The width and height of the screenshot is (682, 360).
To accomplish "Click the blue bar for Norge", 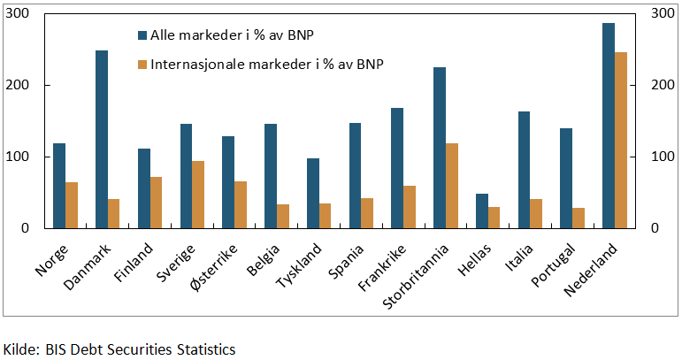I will [x=59, y=185].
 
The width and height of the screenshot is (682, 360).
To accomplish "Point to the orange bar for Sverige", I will [x=199, y=194].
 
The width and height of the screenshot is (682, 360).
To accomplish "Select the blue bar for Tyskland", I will [x=313, y=193].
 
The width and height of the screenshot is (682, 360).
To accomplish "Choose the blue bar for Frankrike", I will [x=397, y=167].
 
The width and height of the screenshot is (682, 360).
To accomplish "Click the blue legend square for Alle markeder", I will [x=142, y=35].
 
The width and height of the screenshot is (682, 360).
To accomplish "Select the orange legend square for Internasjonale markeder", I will [x=142, y=65].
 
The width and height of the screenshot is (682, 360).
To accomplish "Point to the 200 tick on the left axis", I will [x=19, y=85].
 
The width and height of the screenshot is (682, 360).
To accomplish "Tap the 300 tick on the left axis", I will [x=19, y=13].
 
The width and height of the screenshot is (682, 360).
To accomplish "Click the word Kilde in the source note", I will [x=20, y=349].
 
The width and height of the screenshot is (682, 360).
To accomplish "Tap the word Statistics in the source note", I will [x=204, y=349].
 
